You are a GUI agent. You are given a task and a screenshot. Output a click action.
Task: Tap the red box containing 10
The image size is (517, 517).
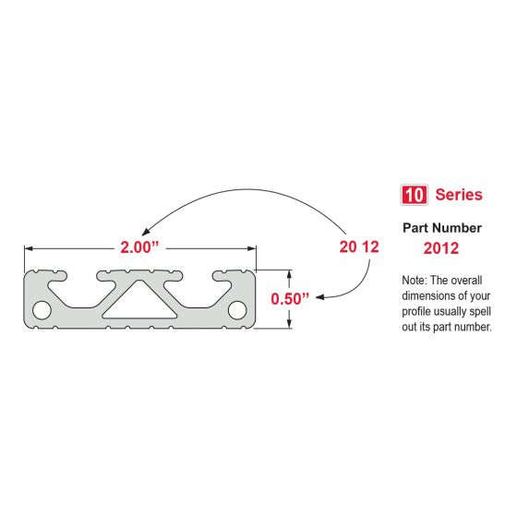point(412,195)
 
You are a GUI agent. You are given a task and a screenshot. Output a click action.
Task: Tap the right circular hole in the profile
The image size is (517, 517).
point(238,308)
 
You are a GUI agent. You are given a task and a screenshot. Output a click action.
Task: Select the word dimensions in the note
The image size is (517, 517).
point(432,295)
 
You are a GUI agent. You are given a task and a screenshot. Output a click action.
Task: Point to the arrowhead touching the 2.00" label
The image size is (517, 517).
point(140,234)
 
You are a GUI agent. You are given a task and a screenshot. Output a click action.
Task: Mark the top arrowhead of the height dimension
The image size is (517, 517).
point(292,273)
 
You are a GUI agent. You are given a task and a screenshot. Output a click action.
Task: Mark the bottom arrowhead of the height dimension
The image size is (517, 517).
point(292,324)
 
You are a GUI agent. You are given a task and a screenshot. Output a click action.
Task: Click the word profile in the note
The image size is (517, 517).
point(420,311)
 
